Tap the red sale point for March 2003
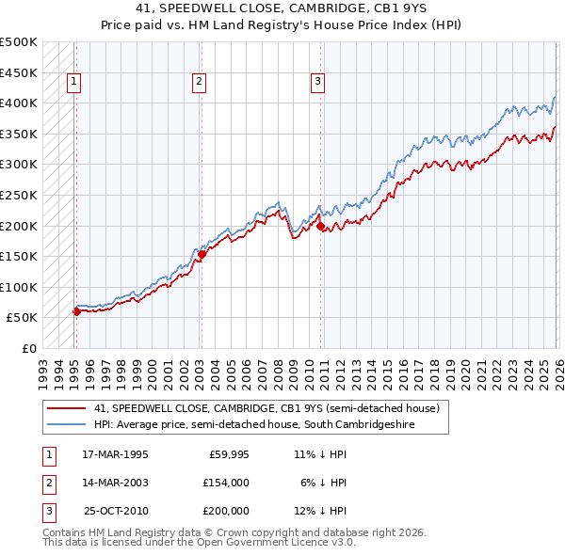click(x=202, y=253)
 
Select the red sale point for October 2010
click(x=321, y=226)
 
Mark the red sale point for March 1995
click(x=76, y=311)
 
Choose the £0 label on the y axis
click(x=27, y=348)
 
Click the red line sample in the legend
click(x=67, y=409)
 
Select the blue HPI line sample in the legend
click(x=67, y=425)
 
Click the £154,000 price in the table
click(x=225, y=483)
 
